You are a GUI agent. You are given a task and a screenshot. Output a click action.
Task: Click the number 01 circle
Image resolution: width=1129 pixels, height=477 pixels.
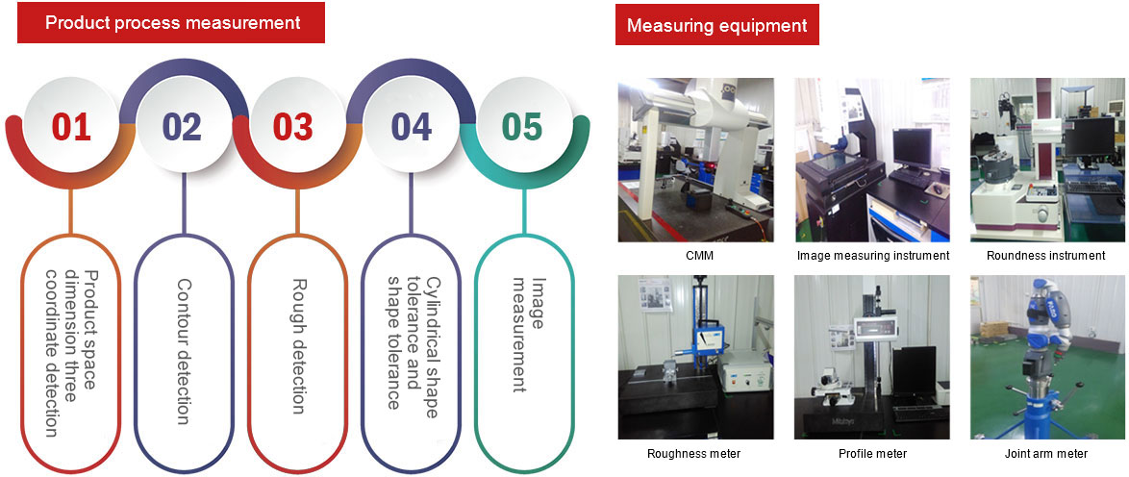click(x=71, y=127)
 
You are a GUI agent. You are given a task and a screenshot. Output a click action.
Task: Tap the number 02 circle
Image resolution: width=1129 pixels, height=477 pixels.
click(x=182, y=127)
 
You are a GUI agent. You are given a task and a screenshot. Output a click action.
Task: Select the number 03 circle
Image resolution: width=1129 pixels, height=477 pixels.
click(x=293, y=127)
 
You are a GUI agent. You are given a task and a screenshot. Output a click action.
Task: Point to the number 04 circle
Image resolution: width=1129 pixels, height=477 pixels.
click(x=412, y=127)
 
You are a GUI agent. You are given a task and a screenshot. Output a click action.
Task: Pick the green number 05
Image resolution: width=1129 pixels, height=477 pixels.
click(x=521, y=127)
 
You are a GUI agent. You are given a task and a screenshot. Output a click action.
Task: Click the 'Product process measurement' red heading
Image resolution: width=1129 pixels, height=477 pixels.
click(x=172, y=22)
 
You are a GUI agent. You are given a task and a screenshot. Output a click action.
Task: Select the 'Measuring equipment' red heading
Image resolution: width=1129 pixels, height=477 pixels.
click(x=716, y=25)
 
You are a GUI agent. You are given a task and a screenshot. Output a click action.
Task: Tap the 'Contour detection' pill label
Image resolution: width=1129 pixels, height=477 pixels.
click(x=184, y=351)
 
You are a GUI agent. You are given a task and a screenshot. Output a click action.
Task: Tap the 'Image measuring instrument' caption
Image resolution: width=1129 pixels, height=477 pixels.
click(x=872, y=256)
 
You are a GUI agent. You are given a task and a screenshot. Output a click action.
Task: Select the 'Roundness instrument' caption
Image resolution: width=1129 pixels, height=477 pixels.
click(x=1046, y=256)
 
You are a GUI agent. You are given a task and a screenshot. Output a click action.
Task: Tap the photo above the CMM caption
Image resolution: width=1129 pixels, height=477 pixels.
click(x=695, y=160)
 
